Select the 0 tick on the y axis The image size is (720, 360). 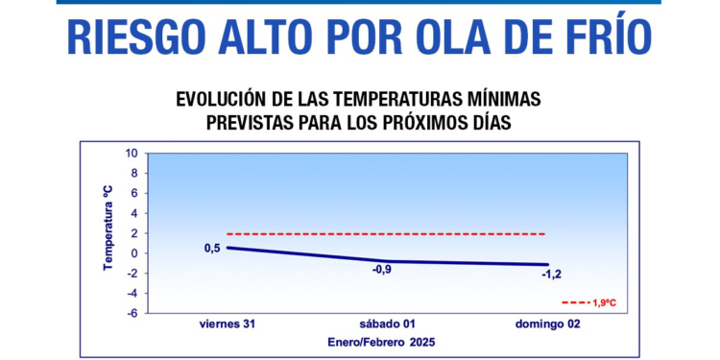click(135, 253)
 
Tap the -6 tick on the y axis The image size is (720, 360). click(132, 313)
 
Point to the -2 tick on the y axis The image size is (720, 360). click(132, 274)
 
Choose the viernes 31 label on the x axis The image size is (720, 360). click(228, 324)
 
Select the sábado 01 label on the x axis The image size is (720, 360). click(387, 324)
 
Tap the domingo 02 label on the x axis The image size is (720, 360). click(547, 324)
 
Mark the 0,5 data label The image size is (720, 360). click(212, 249)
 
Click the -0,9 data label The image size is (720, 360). click(382, 270)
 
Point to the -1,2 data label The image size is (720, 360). click(551, 275)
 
